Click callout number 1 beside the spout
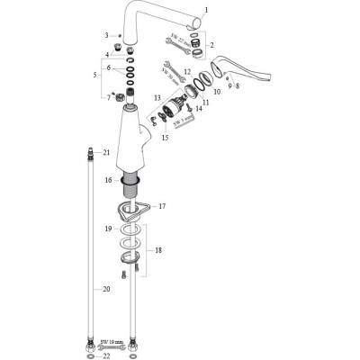coord(206,12)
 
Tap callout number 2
coord(211,45)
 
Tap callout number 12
coord(186,71)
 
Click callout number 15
coord(164,138)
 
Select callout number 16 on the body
coord(108,181)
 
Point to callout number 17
coord(164,207)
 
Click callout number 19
coord(108,229)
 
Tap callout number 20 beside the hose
coord(105,289)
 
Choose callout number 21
coord(105,153)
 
